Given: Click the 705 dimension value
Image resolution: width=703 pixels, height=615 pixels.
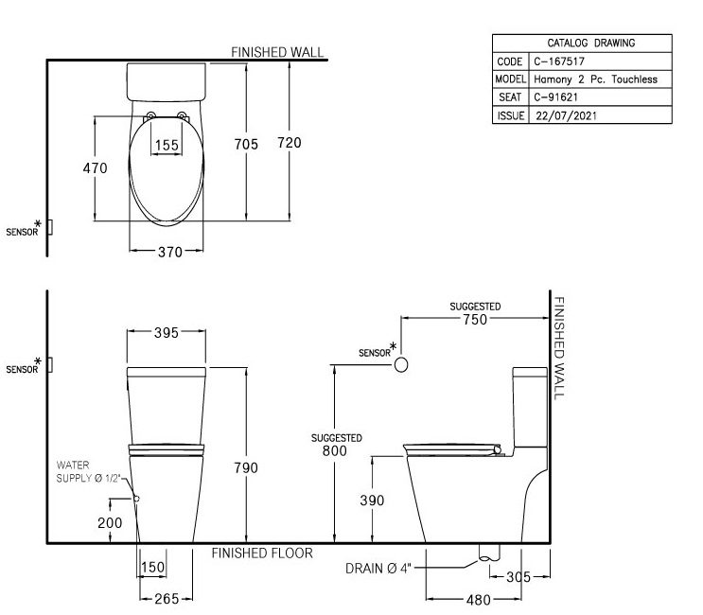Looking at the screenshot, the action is pyautogui.click(x=246, y=145).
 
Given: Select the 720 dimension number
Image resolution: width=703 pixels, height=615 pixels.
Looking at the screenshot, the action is pyautogui.click(x=290, y=143).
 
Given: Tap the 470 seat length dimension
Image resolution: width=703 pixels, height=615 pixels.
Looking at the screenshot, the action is pyautogui.click(x=95, y=168).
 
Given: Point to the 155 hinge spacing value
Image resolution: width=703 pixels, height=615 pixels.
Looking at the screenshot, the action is pyautogui.click(x=167, y=145).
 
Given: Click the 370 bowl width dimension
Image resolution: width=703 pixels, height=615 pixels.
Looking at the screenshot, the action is pyautogui.click(x=170, y=252).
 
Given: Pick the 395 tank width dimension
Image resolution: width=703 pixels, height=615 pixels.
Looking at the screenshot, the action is pyautogui.click(x=167, y=333).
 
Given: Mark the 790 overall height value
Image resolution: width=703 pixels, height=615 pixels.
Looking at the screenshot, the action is pyautogui.click(x=246, y=468).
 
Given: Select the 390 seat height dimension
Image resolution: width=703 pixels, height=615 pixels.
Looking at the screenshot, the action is pyautogui.click(x=372, y=501).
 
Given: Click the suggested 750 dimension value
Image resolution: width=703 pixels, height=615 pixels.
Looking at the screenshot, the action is pyautogui.click(x=475, y=320).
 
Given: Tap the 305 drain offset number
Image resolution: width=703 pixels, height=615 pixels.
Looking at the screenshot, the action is pyautogui.click(x=518, y=577).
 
